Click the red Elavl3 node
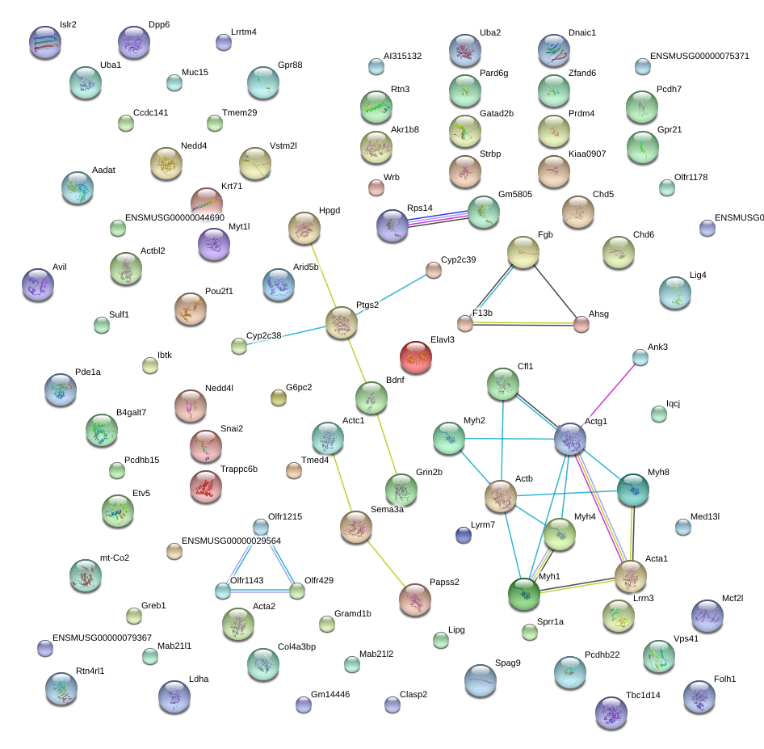(x=416, y=357)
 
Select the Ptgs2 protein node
(x=342, y=322)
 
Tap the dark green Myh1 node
(x=524, y=594)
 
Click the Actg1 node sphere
(x=570, y=439)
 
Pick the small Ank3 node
(x=640, y=357)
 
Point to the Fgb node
(x=523, y=252)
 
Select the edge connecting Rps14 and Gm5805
(x=438, y=219)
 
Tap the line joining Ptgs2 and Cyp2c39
(x=392, y=294)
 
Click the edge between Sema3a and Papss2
(x=386, y=563)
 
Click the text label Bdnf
(x=395, y=380)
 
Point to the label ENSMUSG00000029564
(x=232, y=541)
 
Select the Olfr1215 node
(x=261, y=527)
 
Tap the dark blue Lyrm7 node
(x=464, y=535)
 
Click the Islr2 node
(x=45, y=42)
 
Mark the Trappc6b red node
(x=206, y=486)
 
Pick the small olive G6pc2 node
(x=278, y=398)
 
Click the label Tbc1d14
(x=643, y=696)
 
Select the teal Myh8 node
(x=633, y=490)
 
